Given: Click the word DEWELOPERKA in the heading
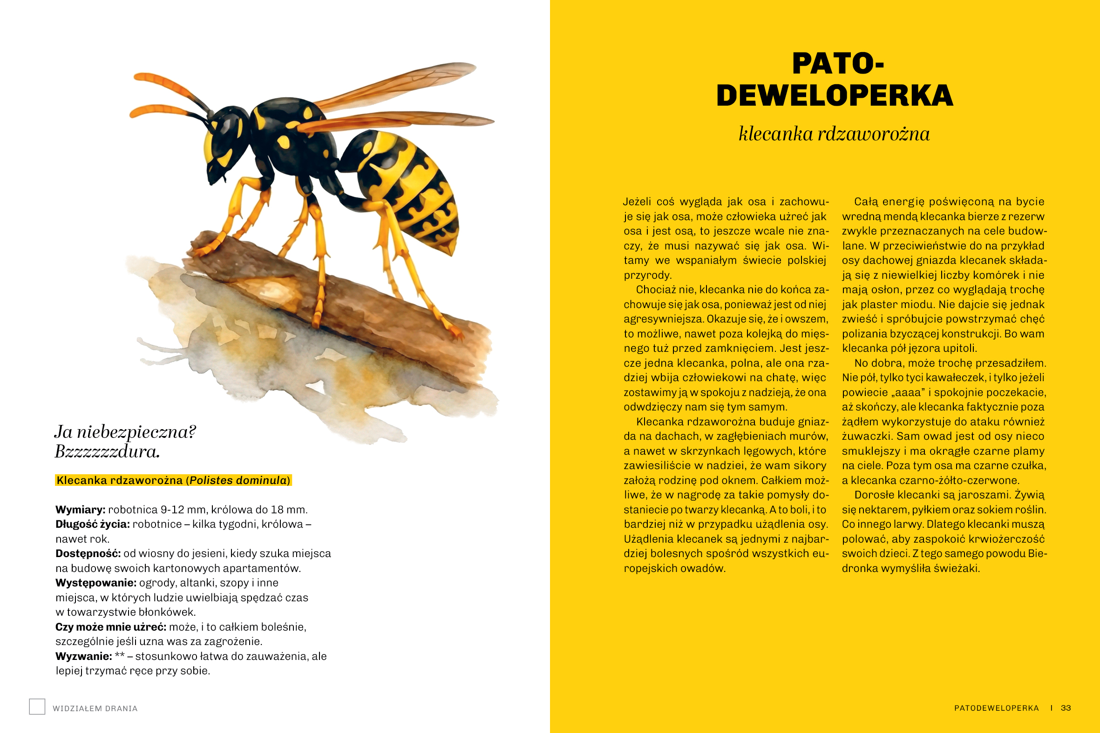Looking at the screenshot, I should pos(835,95).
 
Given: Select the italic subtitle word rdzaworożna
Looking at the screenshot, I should pos(873,134).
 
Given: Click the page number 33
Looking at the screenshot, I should pos(1066,708).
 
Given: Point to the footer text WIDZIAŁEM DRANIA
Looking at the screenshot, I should pos(95,708).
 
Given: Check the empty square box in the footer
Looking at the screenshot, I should pos(37,706).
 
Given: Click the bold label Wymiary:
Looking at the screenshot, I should pos(81,510).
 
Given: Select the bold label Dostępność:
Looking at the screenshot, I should pos(88,553).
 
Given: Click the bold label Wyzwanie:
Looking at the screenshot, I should pos(84,656).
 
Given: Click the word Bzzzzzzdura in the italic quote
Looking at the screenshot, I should pos(107,452).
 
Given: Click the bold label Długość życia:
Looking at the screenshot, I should pos(93,524).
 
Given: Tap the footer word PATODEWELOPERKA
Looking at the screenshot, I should pos(996,708).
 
